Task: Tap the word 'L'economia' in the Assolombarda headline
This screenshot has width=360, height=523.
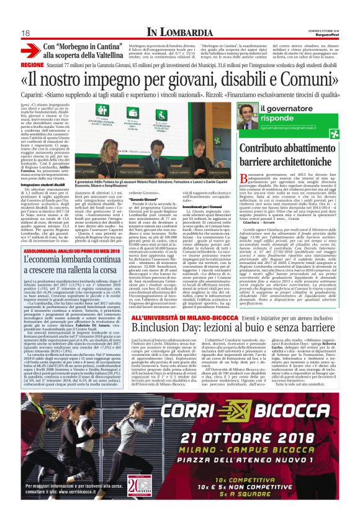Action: (x=45, y=227)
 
